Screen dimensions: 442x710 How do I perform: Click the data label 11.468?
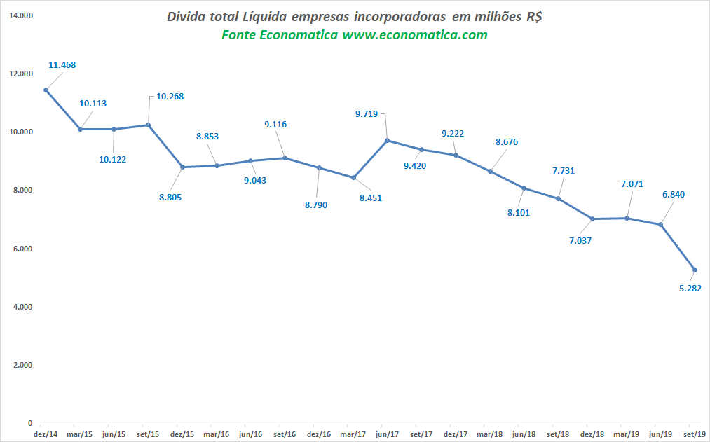(x=62, y=65)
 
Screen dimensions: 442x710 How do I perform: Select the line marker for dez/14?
(x=46, y=90)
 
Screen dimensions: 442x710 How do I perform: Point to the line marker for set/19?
(x=695, y=270)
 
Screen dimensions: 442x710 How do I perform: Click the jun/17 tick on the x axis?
(x=387, y=434)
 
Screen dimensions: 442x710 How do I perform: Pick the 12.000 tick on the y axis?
(x=22, y=74)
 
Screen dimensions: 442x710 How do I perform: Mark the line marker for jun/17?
(x=387, y=141)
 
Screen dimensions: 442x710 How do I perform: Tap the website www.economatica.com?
(x=415, y=35)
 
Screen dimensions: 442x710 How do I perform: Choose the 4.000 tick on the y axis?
(x=22, y=307)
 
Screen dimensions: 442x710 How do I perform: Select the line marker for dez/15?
(x=182, y=167)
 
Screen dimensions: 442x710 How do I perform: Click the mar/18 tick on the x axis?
(x=490, y=434)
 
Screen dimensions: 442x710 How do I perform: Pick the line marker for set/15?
(x=148, y=125)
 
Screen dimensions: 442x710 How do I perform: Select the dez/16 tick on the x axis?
(x=319, y=434)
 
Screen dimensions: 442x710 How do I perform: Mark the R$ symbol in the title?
(x=533, y=18)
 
